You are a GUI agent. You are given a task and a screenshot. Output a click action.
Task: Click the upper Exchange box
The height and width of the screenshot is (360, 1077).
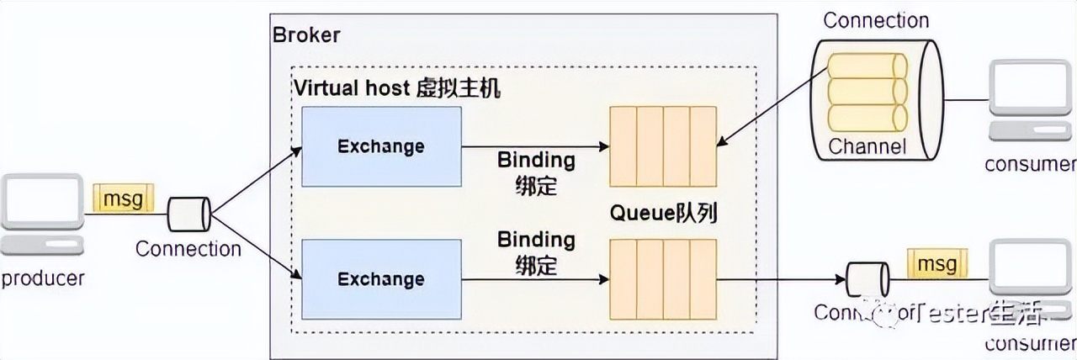pos(381,146)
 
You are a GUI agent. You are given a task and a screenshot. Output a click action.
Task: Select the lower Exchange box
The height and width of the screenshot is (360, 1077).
pos(381,279)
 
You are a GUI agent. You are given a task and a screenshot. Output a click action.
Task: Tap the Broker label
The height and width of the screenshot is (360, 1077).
pos(306,35)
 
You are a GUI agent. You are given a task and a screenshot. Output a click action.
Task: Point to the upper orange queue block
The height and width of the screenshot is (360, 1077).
pos(663,146)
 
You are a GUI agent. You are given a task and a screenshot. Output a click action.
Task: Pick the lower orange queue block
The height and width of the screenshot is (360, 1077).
pos(663,279)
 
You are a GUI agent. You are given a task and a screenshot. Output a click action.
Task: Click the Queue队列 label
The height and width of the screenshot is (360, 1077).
pos(663,214)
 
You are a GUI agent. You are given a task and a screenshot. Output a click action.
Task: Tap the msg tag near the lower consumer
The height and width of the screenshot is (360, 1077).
pos(936,264)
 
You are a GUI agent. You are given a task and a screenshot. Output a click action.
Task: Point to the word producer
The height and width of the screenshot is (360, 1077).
pos(43,278)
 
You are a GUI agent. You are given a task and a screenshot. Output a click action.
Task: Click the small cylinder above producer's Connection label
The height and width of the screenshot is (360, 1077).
pos(188,214)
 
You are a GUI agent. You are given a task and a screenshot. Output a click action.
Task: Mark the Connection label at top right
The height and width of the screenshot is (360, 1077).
pos(876,20)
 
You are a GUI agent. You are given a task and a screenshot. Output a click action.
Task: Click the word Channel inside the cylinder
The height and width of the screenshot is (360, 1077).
pos(867,146)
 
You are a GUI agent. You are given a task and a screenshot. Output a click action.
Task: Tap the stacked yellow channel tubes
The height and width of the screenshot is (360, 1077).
pos(867,92)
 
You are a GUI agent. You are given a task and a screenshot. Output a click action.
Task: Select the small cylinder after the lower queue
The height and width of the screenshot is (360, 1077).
pos(867,278)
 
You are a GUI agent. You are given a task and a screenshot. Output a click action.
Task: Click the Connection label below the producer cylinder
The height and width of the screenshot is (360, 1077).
pos(188,249)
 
